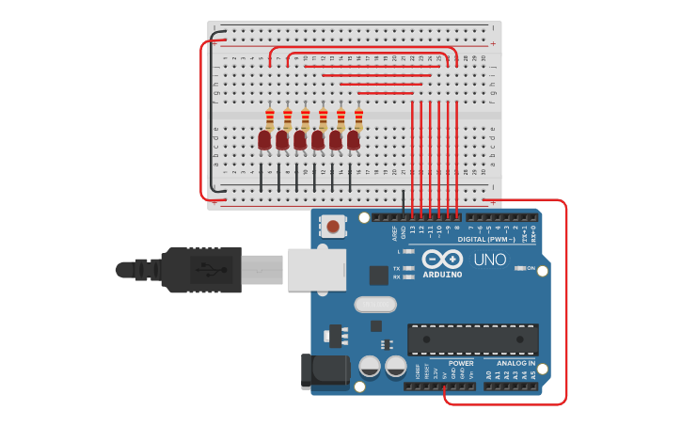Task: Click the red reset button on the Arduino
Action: (x=333, y=226)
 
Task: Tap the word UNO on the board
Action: (x=488, y=260)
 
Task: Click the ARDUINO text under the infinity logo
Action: (x=442, y=275)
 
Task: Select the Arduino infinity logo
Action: (x=441, y=259)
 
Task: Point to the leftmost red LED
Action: (x=264, y=140)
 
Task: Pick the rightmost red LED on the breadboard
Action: (x=354, y=140)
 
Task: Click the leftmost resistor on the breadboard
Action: (x=270, y=118)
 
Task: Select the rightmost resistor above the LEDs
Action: (x=358, y=118)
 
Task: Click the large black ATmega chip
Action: (x=472, y=339)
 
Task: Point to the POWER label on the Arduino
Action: (x=461, y=363)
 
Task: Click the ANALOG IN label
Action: (x=515, y=363)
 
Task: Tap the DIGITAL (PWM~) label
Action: (x=486, y=239)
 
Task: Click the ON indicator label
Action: (x=531, y=268)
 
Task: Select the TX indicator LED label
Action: (x=397, y=268)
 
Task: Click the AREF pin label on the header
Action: (x=395, y=234)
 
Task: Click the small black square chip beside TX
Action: (x=378, y=275)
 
